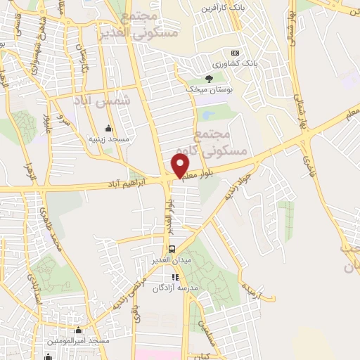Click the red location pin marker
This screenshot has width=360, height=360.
pyautogui.click(x=181, y=165)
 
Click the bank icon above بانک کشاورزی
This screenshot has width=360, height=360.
pyautogui.click(x=235, y=53)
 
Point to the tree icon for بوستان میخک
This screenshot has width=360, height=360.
pyautogui.click(x=208, y=79)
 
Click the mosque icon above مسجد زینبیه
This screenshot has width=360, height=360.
pyautogui.click(x=108, y=129)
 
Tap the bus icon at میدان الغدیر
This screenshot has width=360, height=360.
pyautogui.click(x=172, y=250)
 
